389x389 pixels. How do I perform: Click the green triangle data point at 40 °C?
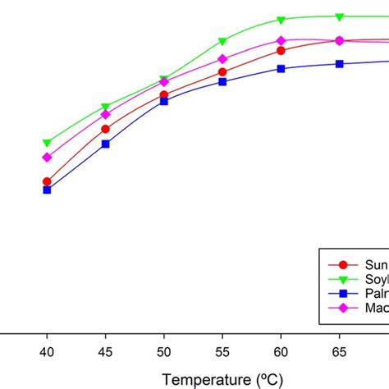pos(47,143)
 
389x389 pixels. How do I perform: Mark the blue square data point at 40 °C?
pos(47,190)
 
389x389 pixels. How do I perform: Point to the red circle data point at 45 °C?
pos(105,129)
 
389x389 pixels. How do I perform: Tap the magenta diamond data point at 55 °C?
pos(222,59)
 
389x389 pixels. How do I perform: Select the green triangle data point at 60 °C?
pos(281,20)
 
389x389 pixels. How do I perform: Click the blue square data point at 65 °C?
pos(339,64)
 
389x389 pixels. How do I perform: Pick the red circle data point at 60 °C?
pos(281,50)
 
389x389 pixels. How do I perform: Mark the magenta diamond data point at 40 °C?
pos(47,157)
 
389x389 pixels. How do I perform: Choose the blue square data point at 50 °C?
pos(163,101)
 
